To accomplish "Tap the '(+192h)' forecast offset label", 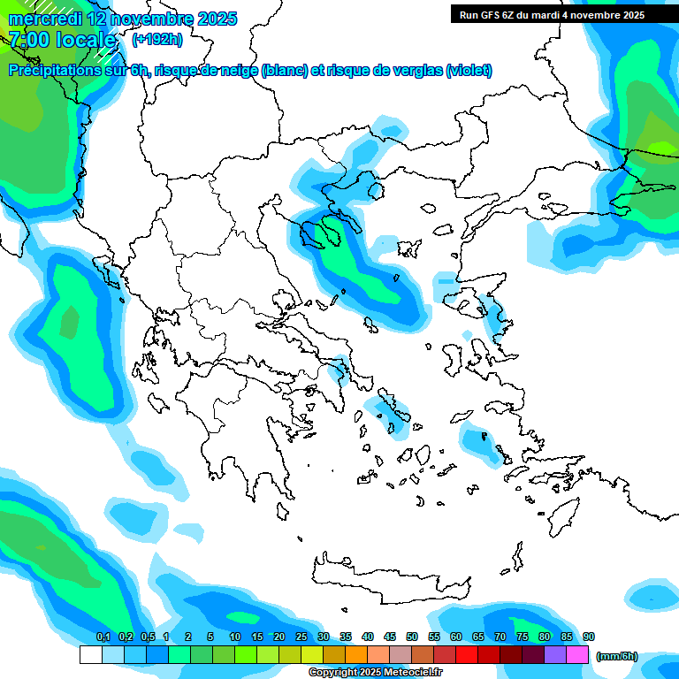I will click(x=157, y=40).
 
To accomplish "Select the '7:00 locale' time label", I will click(x=62, y=40).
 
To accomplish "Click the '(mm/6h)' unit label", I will click(x=616, y=657).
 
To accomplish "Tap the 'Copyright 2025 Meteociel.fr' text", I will click(x=375, y=673).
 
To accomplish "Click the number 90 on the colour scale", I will click(x=589, y=637).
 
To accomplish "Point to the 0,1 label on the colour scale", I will click(x=103, y=637).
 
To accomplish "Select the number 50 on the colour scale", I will click(x=412, y=637).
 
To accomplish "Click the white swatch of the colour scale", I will click(x=90, y=655).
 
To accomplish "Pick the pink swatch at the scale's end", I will click(x=577, y=655).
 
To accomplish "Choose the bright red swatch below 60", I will click(x=467, y=655).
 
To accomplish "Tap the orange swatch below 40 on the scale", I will click(x=356, y=655).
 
